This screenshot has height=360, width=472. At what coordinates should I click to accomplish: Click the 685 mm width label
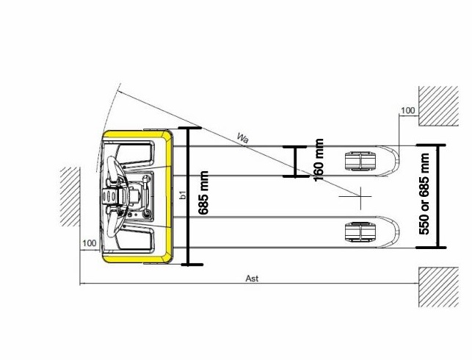pos(204,192)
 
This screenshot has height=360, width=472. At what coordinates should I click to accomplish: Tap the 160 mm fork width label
pos(319,160)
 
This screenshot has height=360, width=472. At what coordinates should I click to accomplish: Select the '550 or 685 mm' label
pos(424,194)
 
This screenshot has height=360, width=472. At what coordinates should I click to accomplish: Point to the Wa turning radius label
pos(243,138)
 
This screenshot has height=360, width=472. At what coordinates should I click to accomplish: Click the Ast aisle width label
pos(252,278)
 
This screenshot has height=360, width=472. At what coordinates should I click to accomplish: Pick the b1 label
pos(183,195)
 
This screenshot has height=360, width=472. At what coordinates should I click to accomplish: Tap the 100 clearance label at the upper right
pos(408,110)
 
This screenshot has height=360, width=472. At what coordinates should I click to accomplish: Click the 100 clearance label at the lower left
pos(89,243)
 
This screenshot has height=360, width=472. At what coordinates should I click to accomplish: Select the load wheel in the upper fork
pos(360,161)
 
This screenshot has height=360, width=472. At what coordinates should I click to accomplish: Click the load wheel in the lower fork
pos(360,231)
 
